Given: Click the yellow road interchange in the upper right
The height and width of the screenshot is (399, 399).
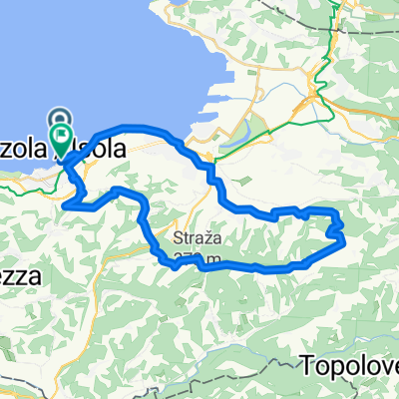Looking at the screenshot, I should pyautogui.click(x=317, y=95).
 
